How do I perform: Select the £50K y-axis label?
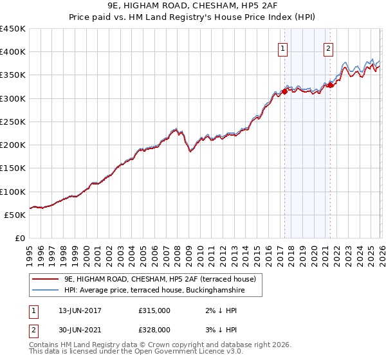pos(15,215)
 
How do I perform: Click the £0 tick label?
pos(21,238)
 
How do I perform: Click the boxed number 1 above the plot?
pos(283,47)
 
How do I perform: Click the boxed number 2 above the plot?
pos(329,47)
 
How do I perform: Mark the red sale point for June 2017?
pos(284,91)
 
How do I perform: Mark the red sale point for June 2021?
pos(330,85)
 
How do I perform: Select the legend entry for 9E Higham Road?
pos(160,279)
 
